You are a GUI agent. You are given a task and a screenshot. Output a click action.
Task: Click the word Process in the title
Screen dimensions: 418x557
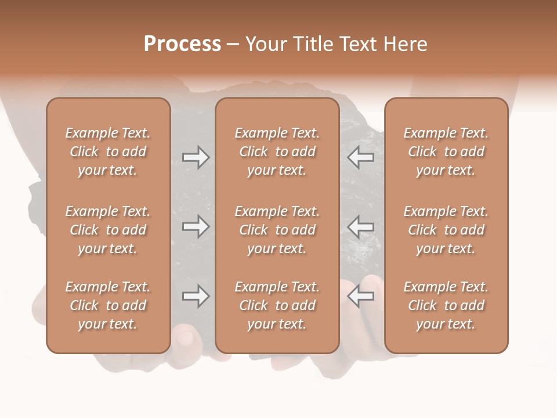pos(182,44)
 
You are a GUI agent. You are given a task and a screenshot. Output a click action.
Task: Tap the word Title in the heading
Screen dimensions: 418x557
pos(312,44)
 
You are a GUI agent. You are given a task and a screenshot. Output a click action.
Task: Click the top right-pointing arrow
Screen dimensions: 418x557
pos(196,157)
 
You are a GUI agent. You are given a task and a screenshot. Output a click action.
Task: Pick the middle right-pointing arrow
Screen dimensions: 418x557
pos(196,226)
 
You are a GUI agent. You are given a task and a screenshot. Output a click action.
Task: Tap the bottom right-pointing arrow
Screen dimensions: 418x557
pos(196,297)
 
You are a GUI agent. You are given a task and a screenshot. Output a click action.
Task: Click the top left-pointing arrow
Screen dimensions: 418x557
pos(360,157)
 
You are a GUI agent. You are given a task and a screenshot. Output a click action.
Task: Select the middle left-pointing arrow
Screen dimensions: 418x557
pos(360,226)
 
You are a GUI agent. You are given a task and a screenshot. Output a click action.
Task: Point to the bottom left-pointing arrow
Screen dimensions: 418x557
pos(360,297)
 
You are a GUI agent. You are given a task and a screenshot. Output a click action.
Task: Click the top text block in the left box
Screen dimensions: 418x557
pos(108,152)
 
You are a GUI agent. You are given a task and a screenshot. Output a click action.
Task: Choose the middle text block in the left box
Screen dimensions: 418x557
pos(108,230)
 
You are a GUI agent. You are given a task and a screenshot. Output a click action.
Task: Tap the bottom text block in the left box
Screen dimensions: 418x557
pos(108,305)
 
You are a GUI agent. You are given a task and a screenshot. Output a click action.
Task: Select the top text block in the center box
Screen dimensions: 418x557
pos(277,152)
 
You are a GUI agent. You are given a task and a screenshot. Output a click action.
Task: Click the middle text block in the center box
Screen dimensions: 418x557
pos(277,230)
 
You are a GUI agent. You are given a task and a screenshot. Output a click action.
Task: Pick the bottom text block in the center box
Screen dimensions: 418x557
pos(277,305)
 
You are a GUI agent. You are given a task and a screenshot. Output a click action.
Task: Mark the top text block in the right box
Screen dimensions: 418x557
pos(446,152)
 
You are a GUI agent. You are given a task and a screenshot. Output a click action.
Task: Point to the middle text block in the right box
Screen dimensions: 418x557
pos(446,230)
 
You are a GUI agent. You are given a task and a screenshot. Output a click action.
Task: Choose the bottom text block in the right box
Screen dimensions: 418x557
pos(446,305)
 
